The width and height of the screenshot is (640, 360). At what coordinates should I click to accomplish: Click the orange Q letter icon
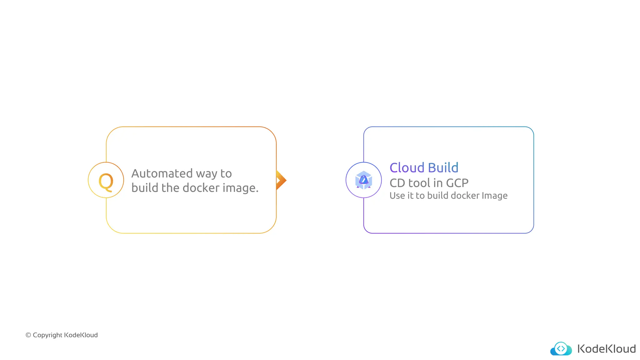[x=106, y=181]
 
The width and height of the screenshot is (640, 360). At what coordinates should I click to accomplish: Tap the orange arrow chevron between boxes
[x=281, y=180]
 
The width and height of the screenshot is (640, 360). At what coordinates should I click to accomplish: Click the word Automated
[x=162, y=173]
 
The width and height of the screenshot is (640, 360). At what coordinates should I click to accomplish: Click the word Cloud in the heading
[x=407, y=168]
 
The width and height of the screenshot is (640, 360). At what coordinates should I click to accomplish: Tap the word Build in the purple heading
[x=443, y=168]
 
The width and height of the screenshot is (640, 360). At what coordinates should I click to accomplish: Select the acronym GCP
[x=457, y=183]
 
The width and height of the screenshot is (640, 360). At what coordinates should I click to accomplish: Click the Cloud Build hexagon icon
[x=363, y=180]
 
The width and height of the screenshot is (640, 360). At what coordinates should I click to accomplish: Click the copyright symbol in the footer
[x=28, y=335]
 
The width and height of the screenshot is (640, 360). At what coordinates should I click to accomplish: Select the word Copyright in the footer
[x=47, y=335]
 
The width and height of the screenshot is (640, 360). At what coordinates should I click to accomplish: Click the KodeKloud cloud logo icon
[x=561, y=349]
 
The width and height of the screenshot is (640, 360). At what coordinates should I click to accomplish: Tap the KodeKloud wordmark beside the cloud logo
[x=607, y=349]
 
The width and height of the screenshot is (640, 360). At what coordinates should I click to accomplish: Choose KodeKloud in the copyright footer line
[x=81, y=335]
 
